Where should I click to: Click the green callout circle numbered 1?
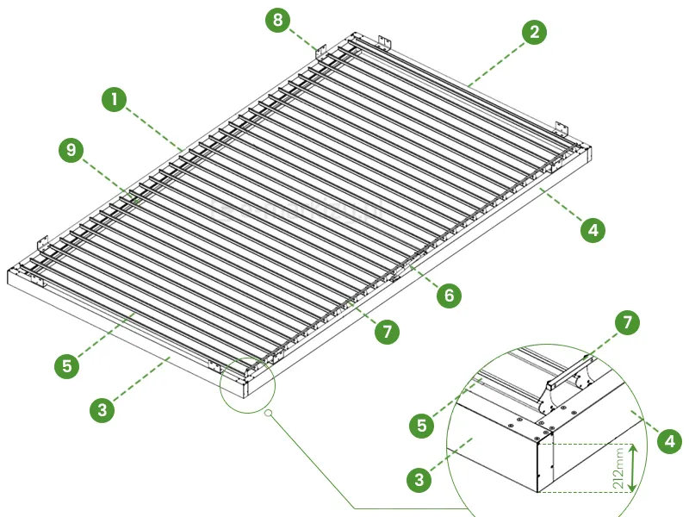(115, 99)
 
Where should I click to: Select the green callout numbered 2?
(534, 32)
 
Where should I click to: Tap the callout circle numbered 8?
(277, 19)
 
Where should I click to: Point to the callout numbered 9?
(71, 150)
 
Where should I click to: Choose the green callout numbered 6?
(449, 295)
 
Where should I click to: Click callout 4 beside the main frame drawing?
(593, 230)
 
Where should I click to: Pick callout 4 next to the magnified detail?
(670, 441)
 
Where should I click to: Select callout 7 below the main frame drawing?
(387, 332)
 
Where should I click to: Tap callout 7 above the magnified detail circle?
(627, 322)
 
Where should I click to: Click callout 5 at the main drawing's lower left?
(67, 365)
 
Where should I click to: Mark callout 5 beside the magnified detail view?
(422, 425)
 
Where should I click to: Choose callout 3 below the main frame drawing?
(102, 410)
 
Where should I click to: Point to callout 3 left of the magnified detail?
(419, 479)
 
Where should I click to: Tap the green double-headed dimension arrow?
(632, 468)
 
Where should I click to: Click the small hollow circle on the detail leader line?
(268, 413)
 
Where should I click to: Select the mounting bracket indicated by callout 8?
(321, 52)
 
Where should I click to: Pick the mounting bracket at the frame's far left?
(42, 242)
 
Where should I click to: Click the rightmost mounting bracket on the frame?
(562, 128)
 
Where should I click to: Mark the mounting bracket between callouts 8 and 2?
(385, 43)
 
